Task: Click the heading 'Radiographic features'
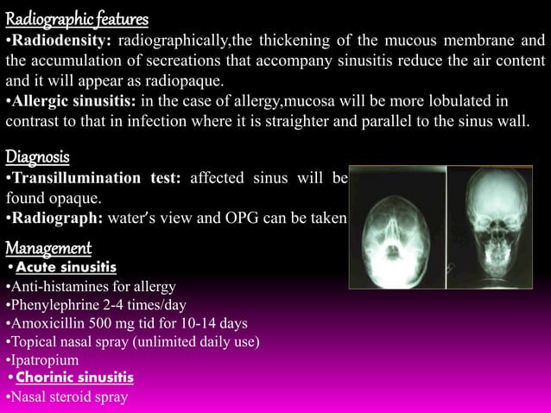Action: tap(77, 18)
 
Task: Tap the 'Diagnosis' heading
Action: tap(38, 156)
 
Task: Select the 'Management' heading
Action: tap(48, 249)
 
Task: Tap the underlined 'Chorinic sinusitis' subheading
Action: tap(74, 378)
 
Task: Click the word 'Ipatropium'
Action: tap(43, 359)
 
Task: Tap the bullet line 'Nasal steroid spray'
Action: tap(66, 397)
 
